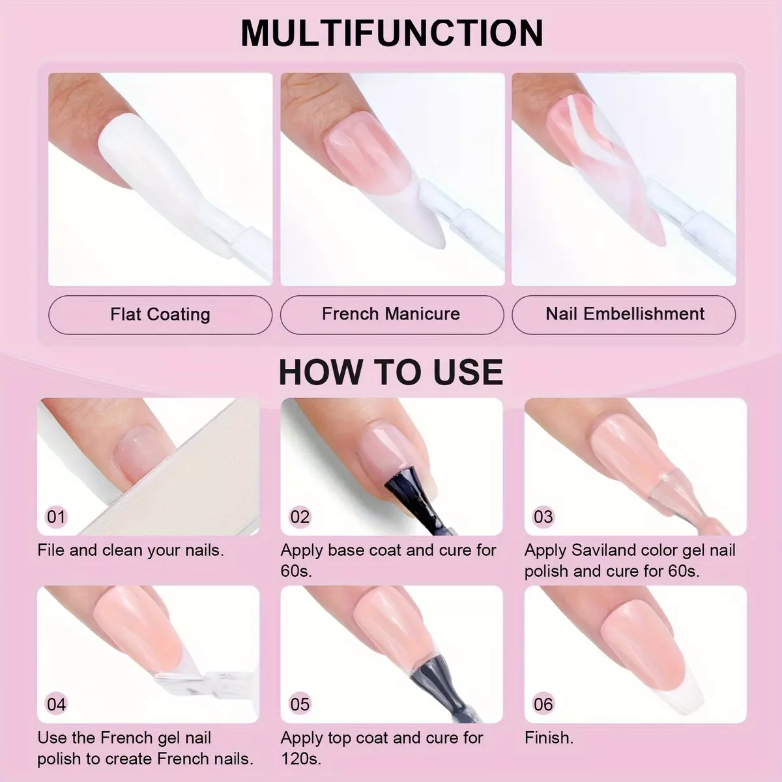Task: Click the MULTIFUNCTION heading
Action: (392, 33)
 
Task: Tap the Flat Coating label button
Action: (160, 315)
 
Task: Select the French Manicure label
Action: (392, 315)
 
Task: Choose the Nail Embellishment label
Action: (624, 315)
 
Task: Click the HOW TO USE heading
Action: (391, 372)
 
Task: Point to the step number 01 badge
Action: (56, 517)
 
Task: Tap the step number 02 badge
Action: (300, 517)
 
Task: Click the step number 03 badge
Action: (543, 517)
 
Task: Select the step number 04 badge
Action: (56, 704)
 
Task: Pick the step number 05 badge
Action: (300, 704)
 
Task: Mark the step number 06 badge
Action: (543, 704)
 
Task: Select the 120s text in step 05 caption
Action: (300, 759)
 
